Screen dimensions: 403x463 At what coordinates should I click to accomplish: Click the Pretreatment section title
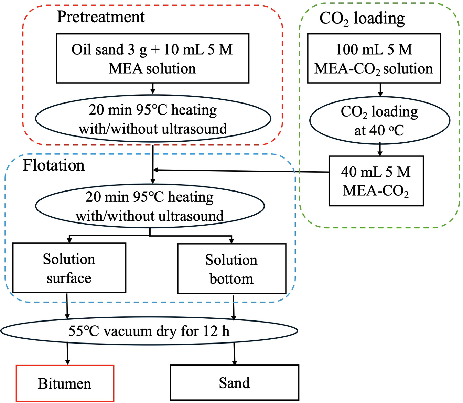(100, 17)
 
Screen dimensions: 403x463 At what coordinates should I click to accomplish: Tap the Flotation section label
(54, 165)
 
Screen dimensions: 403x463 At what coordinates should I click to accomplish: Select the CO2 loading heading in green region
(362, 18)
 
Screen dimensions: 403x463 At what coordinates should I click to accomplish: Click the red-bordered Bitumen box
(65, 383)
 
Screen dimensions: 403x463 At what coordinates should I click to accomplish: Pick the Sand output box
(234, 382)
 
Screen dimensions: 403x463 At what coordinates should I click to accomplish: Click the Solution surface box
(69, 268)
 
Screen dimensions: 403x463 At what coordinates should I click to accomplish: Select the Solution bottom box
(231, 269)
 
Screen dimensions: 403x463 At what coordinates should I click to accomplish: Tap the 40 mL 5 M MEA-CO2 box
(376, 181)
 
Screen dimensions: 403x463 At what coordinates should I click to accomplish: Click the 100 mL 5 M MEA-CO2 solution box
(374, 58)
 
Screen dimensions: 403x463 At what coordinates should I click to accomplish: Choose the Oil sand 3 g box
(152, 58)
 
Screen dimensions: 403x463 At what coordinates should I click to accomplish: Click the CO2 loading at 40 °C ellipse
(379, 120)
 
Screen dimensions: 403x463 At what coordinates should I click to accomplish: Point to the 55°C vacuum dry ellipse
(149, 331)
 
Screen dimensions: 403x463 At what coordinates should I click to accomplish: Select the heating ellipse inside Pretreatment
(153, 119)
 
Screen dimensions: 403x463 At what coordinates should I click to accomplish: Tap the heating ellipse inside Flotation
(150, 206)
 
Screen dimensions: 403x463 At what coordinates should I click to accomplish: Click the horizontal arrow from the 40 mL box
(241, 171)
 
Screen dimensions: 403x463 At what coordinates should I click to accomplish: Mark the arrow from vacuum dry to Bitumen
(67, 354)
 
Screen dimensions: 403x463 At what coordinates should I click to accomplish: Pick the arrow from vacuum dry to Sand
(234, 353)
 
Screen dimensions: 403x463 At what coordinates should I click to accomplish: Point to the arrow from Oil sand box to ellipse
(153, 88)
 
